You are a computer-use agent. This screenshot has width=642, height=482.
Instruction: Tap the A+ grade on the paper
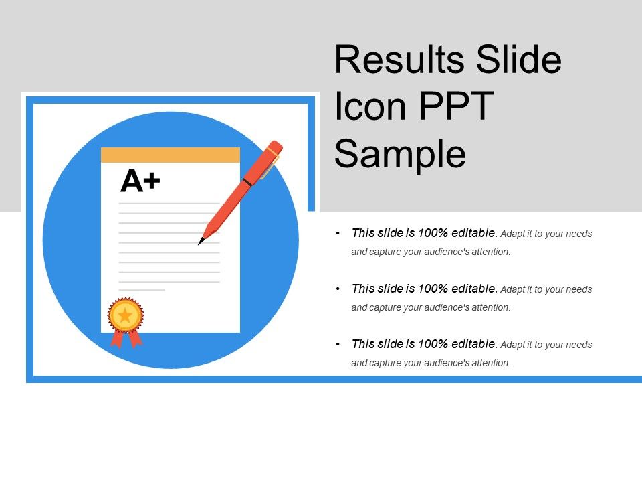tap(140, 181)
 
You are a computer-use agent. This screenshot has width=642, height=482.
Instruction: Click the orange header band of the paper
tap(170, 155)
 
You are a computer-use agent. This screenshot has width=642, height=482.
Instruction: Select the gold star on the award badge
tap(125, 315)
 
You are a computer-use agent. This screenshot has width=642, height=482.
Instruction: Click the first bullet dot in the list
tap(339, 234)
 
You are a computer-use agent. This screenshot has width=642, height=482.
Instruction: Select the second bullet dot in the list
tap(339, 289)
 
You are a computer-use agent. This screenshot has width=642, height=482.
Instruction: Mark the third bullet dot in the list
tap(339, 345)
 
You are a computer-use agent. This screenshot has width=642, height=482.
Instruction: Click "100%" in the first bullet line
tap(432, 234)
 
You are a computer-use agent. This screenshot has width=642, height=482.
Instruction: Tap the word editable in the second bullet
tap(473, 289)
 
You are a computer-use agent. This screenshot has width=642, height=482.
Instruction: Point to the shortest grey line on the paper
tap(142, 290)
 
